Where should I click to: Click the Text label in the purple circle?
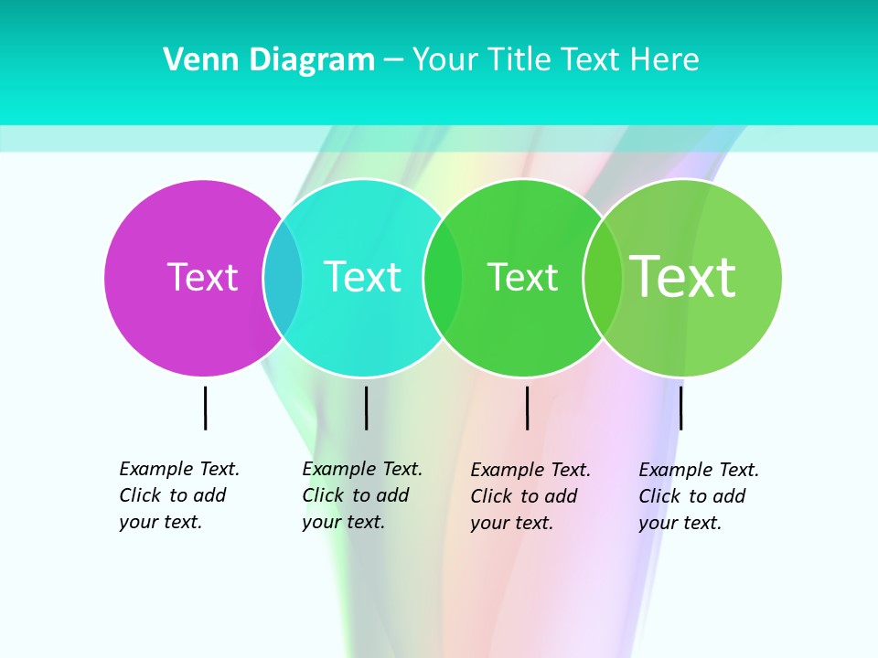click(202, 277)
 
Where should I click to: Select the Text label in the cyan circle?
click(362, 277)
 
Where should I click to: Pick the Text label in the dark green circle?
click(522, 278)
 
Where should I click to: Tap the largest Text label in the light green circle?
click(682, 277)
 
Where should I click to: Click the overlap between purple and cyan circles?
click(283, 278)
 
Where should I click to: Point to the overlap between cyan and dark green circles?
click(443, 278)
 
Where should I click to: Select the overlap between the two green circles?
click(602, 278)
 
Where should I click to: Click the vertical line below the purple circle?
click(206, 408)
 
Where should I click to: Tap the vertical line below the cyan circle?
click(366, 408)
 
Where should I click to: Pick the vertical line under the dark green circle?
click(527, 408)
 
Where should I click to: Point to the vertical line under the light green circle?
click(680, 408)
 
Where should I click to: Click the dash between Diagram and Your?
click(393, 60)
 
